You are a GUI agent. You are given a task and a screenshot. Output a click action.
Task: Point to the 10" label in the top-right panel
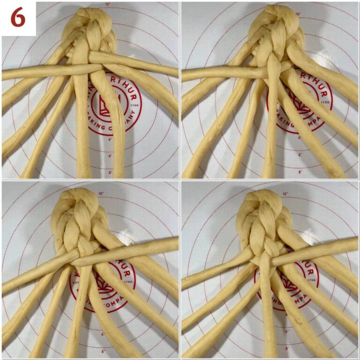pyautogui.click(x=298, y=14)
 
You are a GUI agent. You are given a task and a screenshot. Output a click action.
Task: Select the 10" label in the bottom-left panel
pyautogui.click(x=101, y=193)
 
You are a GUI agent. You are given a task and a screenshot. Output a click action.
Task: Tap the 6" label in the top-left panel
pyautogui.click(x=111, y=156)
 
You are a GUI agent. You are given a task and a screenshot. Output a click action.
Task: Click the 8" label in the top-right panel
pyautogui.click(x=300, y=172)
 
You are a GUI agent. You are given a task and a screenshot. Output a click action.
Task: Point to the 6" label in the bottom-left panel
pyautogui.click(x=103, y=334)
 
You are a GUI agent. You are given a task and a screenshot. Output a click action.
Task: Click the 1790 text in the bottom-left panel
pyautogui.click(x=128, y=283)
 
